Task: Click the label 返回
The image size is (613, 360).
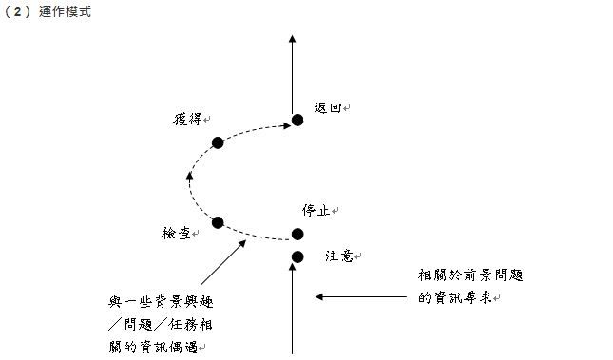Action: (327, 109)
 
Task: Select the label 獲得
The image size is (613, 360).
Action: (187, 119)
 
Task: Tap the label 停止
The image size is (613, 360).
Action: (316, 210)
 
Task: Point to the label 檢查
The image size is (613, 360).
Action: (177, 233)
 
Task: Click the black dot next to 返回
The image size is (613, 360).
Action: (297, 120)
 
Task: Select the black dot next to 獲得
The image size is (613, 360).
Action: (218, 142)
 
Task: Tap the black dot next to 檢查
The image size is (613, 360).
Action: (218, 222)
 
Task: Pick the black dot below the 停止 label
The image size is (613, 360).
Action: (297, 234)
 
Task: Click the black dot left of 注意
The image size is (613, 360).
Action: (297, 256)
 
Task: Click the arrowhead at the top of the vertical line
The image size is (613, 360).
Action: (292, 40)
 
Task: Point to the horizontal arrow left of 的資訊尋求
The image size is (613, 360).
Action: (361, 297)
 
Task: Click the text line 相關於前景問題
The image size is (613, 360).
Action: (470, 276)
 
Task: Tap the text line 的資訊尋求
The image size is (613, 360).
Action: (456, 298)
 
